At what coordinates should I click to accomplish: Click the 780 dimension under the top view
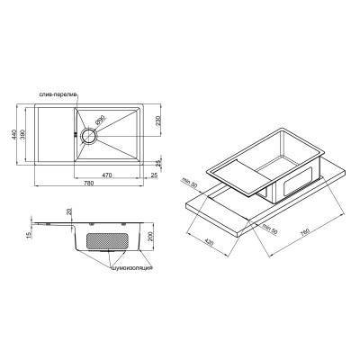tap(85, 185)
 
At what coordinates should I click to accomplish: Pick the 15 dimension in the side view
tap(30, 235)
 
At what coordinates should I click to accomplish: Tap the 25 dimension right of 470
tap(154, 175)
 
